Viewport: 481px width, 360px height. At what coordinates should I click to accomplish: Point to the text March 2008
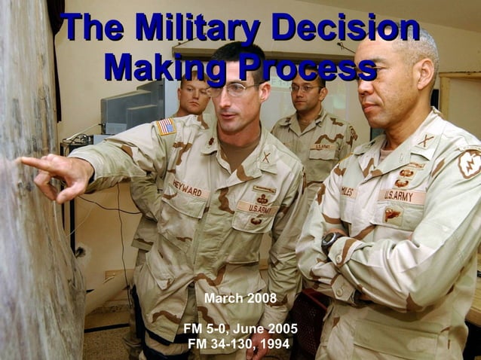point(240,299)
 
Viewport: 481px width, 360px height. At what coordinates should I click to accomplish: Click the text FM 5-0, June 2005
point(240,329)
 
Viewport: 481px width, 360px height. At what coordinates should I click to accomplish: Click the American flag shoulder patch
point(166,127)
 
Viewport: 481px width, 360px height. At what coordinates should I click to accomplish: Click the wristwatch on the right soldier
point(330,243)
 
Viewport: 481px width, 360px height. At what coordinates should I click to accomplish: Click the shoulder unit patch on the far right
point(470,163)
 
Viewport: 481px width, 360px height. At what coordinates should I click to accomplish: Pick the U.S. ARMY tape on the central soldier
point(258,207)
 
